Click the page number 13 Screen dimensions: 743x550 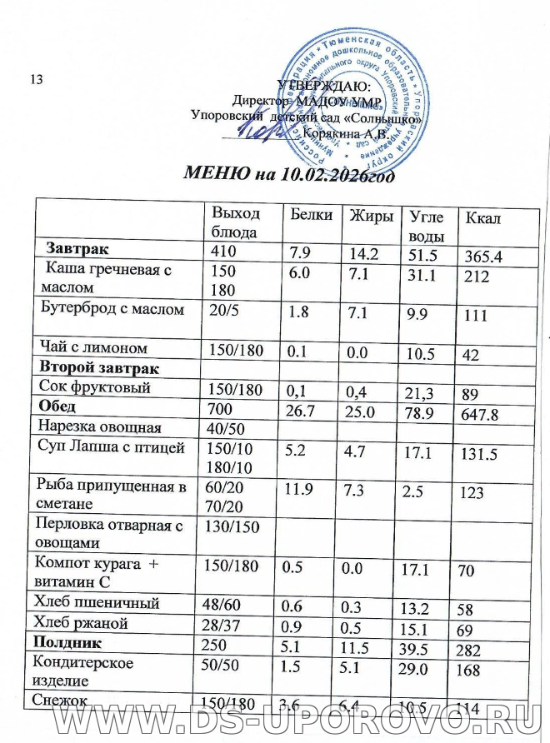click(36, 79)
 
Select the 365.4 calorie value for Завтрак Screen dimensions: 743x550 click(485, 257)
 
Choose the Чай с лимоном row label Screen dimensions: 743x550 click(93, 347)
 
